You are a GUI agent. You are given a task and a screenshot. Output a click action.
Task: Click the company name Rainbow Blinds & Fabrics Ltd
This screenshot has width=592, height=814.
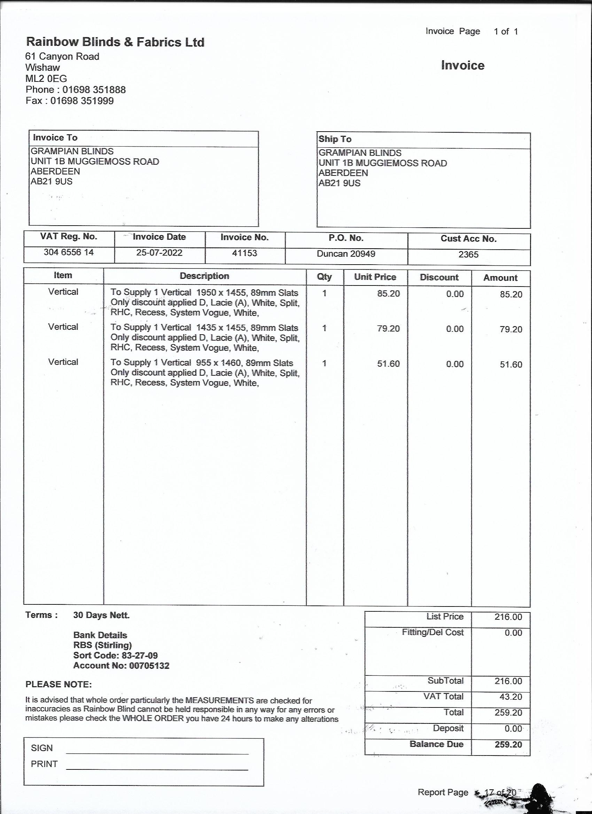115,42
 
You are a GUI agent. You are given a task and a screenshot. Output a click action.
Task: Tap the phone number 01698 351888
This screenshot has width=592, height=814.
94,90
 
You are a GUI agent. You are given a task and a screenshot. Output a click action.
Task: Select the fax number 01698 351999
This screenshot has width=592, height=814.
82,101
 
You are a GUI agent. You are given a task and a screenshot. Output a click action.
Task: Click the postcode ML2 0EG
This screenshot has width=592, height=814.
46,79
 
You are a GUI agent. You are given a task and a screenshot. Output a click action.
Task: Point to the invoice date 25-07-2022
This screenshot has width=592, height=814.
159,253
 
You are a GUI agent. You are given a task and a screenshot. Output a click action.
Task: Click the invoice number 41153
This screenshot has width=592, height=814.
244,253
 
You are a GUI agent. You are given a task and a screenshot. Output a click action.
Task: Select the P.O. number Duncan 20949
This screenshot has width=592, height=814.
346,254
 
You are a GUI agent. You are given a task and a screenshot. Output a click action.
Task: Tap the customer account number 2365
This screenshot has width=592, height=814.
468,255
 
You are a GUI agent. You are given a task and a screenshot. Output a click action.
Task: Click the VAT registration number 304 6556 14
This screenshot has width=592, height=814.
69,252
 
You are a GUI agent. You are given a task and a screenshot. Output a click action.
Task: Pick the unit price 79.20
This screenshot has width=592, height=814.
388,328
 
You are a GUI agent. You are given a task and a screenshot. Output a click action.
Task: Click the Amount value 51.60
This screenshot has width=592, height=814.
511,364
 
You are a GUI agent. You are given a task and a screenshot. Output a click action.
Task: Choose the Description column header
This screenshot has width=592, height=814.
204,276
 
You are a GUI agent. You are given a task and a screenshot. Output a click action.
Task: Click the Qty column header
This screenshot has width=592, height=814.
324,277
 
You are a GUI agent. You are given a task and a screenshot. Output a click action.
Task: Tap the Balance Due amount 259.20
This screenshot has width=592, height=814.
508,744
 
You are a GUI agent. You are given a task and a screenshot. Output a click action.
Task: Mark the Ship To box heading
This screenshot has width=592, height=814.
335,139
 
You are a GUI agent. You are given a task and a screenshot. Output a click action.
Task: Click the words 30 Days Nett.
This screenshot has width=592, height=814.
101,615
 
